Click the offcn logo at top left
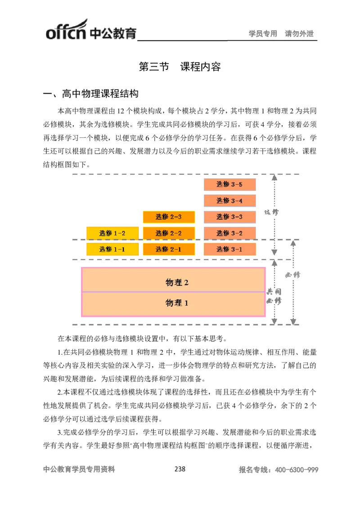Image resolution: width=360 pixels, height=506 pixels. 90,30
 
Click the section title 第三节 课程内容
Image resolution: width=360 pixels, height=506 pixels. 180,67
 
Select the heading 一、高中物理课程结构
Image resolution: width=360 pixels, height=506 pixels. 90,94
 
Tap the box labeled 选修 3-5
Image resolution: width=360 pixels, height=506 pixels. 229,184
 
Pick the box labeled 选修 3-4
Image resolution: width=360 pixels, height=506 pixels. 229,200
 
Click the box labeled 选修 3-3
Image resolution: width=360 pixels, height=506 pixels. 229,217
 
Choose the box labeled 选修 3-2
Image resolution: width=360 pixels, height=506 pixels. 229,233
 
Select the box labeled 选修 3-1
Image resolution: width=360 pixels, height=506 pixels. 229,249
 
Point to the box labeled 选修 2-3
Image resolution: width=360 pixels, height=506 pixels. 169,217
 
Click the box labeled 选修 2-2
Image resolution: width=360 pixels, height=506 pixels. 169,233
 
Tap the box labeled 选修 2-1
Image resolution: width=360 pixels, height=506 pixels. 169,249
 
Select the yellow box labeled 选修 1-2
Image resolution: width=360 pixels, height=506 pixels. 112,233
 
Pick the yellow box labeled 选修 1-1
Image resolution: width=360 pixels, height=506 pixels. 112,249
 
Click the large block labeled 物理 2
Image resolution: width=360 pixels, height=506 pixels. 173,282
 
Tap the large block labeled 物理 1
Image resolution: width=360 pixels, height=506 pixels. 173,303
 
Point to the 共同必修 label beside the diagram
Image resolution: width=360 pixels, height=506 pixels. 274,296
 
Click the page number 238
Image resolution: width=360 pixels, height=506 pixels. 180,469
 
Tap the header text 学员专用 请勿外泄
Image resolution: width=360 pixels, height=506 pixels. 281,33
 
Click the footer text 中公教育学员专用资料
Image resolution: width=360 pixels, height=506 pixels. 79,469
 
